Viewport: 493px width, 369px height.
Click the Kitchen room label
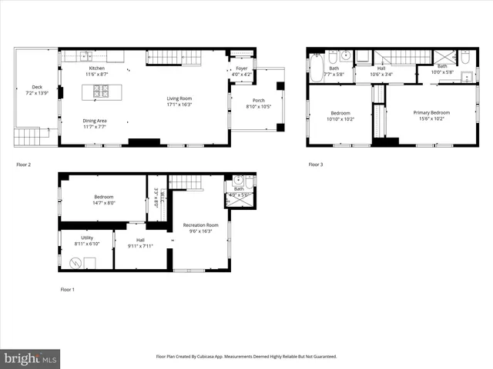tap(97, 68)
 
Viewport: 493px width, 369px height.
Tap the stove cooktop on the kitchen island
tap(102, 92)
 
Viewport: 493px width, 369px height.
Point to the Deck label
tap(37, 87)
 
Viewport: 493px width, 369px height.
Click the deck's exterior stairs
tap(27, 137)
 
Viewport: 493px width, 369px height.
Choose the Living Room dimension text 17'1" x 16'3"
tap(179, 105)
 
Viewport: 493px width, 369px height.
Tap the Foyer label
tap(242, 68)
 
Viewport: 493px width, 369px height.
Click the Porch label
tap(257, 101)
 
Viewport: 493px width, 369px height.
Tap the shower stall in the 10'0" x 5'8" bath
tap(441, 56)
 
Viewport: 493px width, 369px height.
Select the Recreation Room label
tap(200, 224)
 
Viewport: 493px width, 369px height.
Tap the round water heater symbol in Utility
tap(75, 262)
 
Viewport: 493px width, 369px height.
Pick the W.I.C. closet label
tap(156, 198)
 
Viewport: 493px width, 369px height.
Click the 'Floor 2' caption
tap(25, 165)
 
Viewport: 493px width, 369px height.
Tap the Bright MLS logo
tap(31, 358)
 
